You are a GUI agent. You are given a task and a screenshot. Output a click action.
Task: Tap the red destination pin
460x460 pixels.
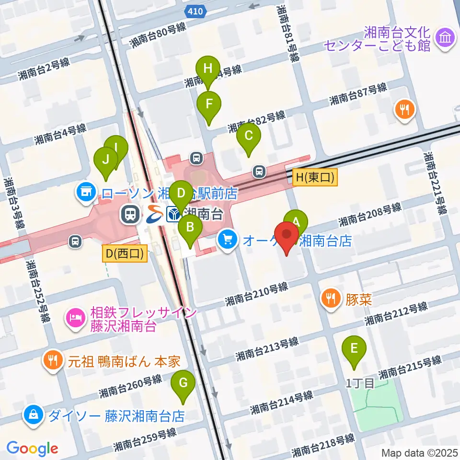(286, 235)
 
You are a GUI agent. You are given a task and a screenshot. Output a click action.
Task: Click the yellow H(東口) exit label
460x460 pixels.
(315, 178)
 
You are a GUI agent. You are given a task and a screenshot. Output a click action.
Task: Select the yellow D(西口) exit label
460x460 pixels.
(125, 253)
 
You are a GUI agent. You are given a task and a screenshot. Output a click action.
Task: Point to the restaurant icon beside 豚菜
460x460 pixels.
(331, 300)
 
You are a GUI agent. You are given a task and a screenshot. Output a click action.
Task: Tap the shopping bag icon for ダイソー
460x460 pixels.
(34, 415)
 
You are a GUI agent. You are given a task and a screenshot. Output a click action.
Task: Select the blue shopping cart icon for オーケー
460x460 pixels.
(228, 240)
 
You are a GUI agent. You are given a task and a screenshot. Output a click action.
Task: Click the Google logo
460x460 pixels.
(32, 448)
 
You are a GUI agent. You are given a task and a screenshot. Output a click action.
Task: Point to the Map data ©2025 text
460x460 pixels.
(419, 452)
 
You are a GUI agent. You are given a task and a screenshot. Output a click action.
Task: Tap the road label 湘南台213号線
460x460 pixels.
(267, 349)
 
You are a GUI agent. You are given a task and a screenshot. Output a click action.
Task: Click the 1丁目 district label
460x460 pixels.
(360, 383)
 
